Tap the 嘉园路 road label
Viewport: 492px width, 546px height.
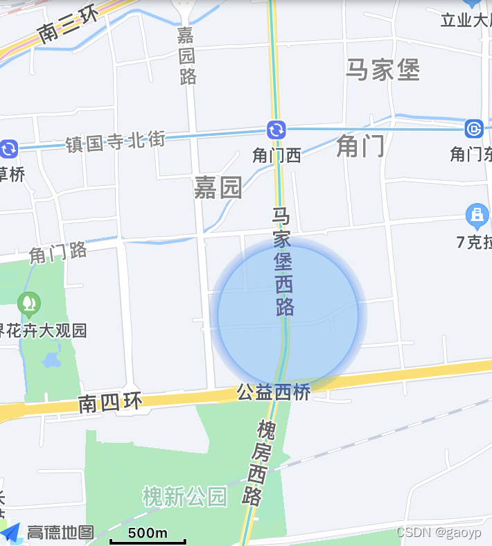187,55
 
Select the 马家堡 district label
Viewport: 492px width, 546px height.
383,70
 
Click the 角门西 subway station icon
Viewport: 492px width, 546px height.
276,130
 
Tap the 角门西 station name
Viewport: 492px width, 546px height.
276,155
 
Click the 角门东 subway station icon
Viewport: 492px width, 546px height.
474,129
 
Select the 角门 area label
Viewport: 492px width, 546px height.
360,146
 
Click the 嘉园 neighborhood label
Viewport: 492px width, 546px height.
218,187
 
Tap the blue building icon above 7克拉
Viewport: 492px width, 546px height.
477,216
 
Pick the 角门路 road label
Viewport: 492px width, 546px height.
58,253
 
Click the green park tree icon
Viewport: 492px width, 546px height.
29,303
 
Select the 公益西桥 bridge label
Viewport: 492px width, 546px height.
273,392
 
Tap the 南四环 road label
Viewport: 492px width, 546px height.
110,403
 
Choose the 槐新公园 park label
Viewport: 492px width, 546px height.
184,496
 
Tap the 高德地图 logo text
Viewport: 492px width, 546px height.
60,532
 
